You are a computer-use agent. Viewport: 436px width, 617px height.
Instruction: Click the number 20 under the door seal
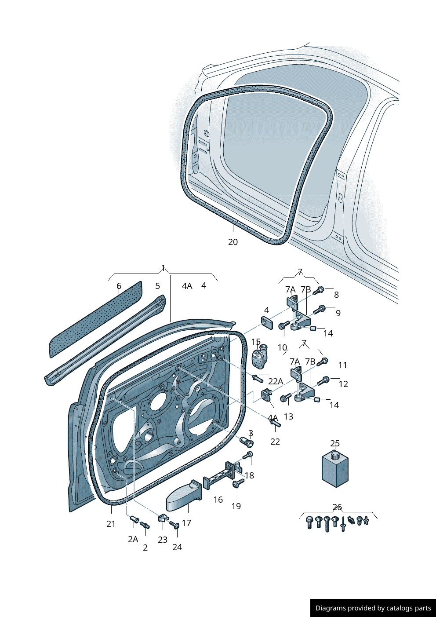pos(233,242)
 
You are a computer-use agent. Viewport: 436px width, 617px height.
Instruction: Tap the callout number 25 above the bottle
pos(335,443)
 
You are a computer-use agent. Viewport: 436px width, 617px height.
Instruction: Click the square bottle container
pos(335,468)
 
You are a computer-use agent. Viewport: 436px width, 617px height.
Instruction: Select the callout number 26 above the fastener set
pos(337,507)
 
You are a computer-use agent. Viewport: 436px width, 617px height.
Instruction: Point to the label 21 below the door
pos(111,524)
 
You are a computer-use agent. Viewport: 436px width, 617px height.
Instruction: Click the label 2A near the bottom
pos(133,539)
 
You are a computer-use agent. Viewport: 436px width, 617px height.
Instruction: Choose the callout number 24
pos(177,547)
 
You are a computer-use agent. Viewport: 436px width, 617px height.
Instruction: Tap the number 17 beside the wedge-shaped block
pos(186,523)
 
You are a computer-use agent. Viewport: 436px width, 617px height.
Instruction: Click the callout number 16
pos(218,500)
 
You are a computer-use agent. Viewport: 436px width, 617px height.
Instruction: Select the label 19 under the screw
pos(236,506)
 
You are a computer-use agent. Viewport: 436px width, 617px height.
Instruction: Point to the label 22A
pos(276,381)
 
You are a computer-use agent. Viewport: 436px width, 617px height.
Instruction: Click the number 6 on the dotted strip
pos(119,286)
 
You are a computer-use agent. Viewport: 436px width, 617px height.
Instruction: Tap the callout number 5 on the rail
pos(157,286)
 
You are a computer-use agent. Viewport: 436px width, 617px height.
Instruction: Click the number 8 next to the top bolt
pos(336,295)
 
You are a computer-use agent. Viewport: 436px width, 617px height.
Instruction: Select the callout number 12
pos(343,384)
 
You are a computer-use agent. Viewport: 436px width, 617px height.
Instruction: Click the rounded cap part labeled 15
pos(260,356)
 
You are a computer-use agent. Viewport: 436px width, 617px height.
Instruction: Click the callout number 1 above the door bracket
pos(163,268)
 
